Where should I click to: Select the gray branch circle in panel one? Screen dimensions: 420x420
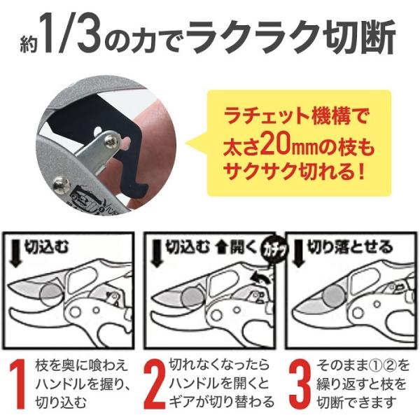pos(50,293)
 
